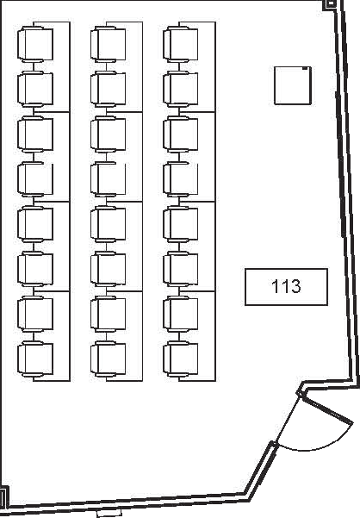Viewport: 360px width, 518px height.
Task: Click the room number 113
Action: pos(286,286)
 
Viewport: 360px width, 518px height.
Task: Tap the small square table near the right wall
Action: pos(293,85)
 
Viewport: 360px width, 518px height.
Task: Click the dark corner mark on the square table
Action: pos(306,69)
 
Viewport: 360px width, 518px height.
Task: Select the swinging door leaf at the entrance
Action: pos(326,409)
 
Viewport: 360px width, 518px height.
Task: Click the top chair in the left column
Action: pos(35,44)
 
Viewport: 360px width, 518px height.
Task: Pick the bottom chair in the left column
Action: pos(35,359)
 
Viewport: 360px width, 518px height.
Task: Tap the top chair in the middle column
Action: pos(108,44)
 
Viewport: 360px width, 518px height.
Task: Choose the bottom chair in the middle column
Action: pos(108,359)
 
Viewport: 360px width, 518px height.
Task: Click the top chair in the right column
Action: pos(181,44)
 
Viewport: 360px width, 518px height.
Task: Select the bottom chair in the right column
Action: pos(181,359)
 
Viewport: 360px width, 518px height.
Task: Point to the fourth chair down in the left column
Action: pos(35,179)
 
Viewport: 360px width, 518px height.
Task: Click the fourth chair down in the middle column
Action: pos(108,179)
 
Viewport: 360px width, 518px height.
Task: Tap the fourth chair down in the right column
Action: pos(181,179)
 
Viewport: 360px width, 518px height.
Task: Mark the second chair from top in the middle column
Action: pos(108,89)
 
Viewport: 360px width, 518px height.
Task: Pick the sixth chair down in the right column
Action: pos(181,269)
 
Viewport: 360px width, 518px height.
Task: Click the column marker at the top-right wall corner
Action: pos(331,3)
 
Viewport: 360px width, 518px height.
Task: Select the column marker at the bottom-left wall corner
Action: pos(3,496)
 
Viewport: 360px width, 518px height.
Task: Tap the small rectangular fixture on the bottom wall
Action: pos(109,514)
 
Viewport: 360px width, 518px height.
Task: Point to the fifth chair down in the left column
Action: pos(35,224)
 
